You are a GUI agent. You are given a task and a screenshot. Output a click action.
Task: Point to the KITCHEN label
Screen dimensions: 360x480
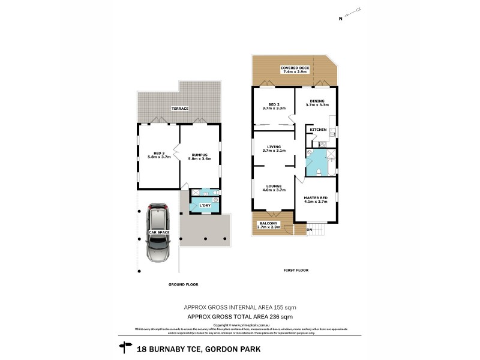click(317, 130)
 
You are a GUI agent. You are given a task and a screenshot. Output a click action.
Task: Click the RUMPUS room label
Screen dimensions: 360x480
click(199, 155)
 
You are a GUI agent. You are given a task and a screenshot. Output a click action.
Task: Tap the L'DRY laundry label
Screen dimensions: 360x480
click(205, 206)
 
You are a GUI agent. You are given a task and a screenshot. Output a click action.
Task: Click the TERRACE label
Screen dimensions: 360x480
click(181, 109)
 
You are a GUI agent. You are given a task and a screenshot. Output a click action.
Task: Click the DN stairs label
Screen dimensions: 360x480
click(310, 230)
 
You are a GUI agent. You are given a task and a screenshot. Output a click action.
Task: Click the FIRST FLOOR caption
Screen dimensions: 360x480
click(296, 271)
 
